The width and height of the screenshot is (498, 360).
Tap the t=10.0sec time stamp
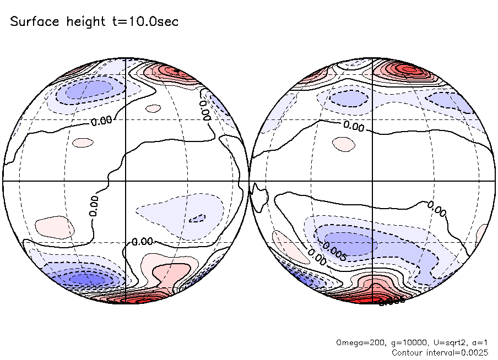pos(143,22)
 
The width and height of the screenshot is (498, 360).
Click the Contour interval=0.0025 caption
pos(440,352)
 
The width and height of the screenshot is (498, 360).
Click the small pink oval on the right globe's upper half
pos(344,144)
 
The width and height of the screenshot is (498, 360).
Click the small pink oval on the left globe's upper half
pos(80,142)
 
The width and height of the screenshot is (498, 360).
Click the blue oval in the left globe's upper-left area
pos(88,89)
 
